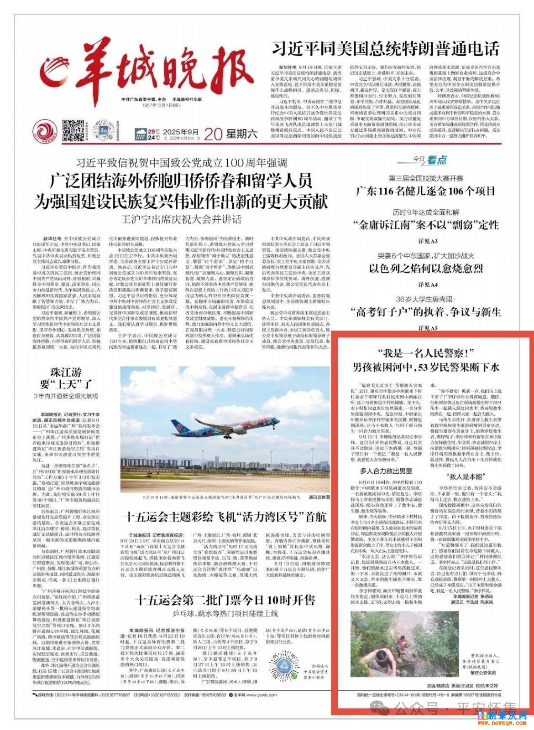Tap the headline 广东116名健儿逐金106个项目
point(425,191)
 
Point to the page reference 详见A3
point(428,241)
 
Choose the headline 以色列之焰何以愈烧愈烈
point(426,269)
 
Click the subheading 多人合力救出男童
point(386,471)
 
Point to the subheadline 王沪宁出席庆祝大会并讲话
point(182,219)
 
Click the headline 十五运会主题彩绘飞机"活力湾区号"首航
point(225,517)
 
